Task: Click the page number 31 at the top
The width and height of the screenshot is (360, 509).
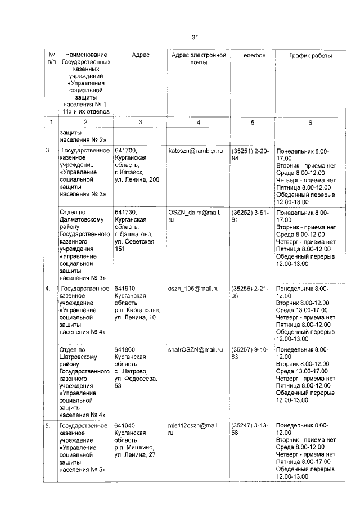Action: pyautogui.click(x=195, y=38)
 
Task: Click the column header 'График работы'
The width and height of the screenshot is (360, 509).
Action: pyautogui.click(x=310, y=56)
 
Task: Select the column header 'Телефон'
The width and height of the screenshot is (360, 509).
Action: pyautogui.click(x=253, y=56)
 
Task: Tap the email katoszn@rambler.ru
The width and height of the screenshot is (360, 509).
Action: pyautogui.click(x=196, y=151)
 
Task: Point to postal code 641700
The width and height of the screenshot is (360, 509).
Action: pyautogui.click(x=125, y=151)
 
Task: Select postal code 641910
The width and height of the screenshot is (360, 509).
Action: pyautogui.click(x=125, y=288)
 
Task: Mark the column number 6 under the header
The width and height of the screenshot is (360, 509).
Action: pyautogui.click(x=310, y=122)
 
